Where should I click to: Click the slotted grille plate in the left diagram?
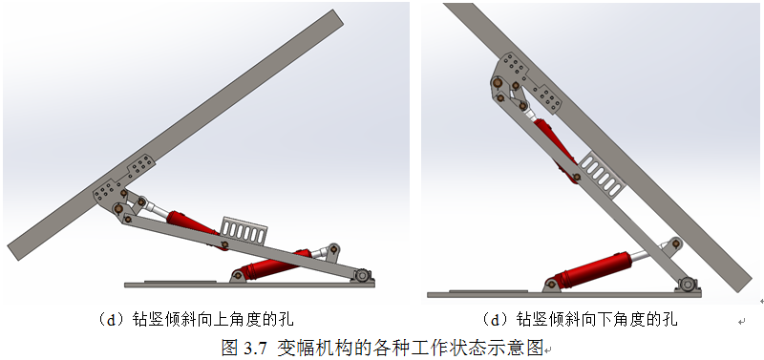pos(244,230)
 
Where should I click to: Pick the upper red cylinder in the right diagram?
pos(555,150)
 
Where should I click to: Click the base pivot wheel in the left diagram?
pos(362,275)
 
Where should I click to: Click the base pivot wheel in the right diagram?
pos(687,284)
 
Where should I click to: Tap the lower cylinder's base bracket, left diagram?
pos(238,276)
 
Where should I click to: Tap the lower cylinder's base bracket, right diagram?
pos(552,285)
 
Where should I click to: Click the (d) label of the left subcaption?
pos(109,320)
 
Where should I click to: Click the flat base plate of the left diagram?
pos(249,284)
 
